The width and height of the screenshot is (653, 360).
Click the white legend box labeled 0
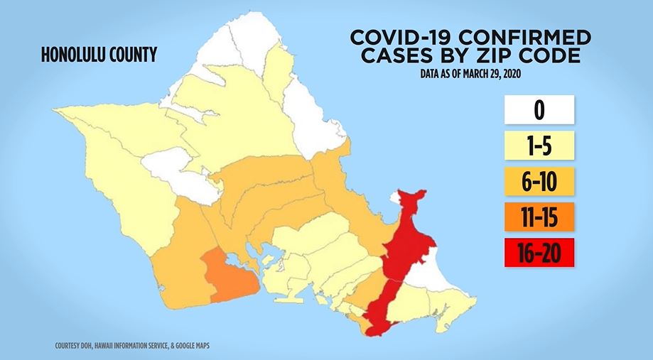[x=539, y=110]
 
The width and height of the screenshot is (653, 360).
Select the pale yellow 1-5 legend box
[x=539, y=146]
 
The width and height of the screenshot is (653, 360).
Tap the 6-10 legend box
[x=539, y=182]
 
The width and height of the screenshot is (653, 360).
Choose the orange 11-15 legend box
[x=539, y=217]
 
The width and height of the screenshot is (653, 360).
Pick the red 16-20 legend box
[x=539, y=252]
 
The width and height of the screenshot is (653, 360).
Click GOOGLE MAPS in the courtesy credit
[x=189, y=346]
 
